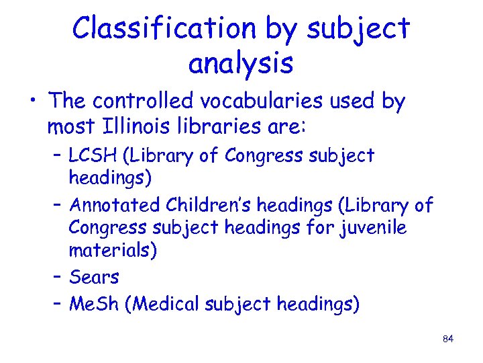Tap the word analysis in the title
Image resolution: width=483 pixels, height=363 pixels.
[241, 63]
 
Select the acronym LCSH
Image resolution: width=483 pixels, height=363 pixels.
[93, 156]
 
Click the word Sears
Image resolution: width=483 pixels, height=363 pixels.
[94, 277]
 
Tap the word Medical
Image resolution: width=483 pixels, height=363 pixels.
[171, 304]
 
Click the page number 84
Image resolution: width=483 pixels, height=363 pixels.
[449, 339]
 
